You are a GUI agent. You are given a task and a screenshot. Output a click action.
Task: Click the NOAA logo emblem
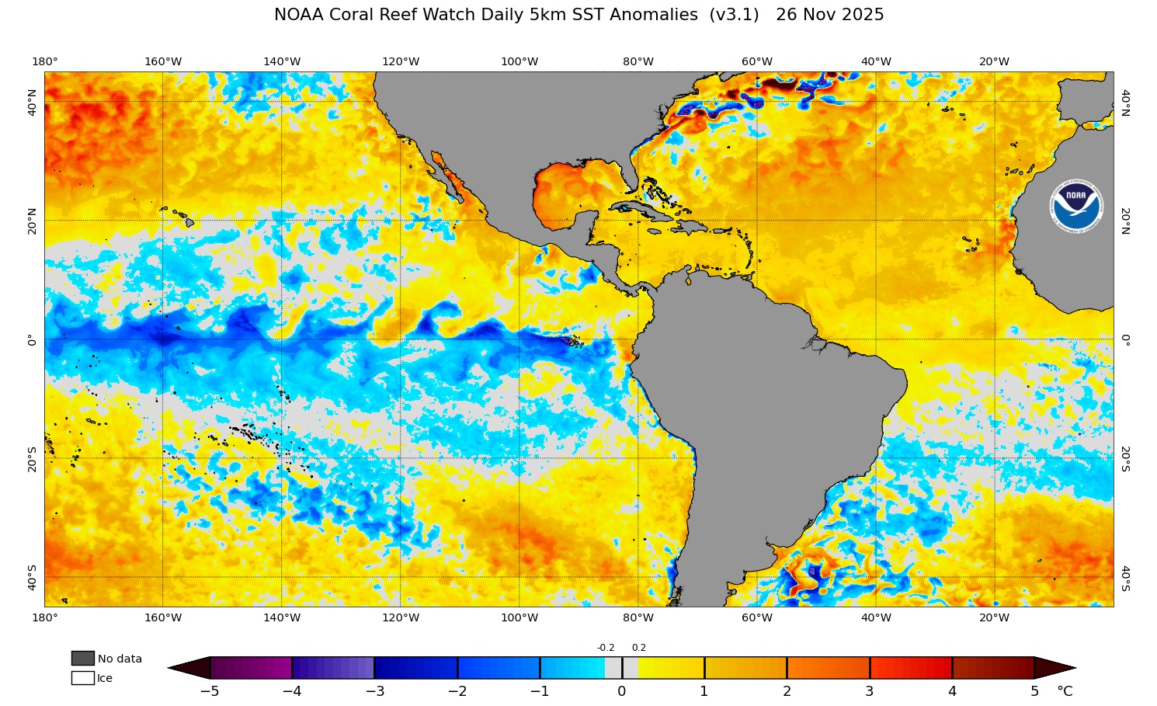pyautogui.click(x=1076, y=207)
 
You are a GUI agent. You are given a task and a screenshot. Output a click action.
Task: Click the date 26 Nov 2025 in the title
pyautogui.click(x=829, y=15)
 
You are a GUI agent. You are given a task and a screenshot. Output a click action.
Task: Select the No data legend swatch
pyautogui.click(x=82, y=659)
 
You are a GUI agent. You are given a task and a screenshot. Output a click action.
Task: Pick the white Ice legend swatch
pyautogui.click(x=82, y=678)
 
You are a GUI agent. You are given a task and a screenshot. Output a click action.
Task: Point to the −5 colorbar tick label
pyautogui.click(x=209, y=691)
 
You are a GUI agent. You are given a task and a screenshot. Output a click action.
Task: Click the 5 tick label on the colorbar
pyautogui.click(x=1034, y=691)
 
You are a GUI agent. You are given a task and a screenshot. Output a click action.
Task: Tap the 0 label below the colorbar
pyautogui.click(x=622, y=691)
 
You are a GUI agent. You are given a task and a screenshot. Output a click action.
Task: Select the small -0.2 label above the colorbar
pyautogui.click(x=606, y=648)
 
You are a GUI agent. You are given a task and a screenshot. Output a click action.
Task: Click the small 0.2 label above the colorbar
pyautogui.click(x=638, y=648)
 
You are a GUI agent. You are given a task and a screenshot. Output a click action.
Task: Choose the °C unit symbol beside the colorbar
pyautogui.click(x=1065, y=691)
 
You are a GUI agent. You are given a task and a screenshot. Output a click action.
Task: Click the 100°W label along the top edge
pyautogui.click(x=519, y=61)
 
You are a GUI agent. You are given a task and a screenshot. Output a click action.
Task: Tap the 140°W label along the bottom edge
pyautogui.click(x=281, y=617)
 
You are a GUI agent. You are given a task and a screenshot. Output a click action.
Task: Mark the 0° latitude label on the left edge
pyautogui.click(x=32, y=339)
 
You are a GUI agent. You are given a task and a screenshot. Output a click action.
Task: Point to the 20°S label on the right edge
pyautogui.click(x=1125, y=458)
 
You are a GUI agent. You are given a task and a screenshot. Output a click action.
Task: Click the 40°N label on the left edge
pyautogui.click(x=32, y=102)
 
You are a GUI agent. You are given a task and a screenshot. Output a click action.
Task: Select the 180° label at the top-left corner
pyautogui.click(x=44, y=61)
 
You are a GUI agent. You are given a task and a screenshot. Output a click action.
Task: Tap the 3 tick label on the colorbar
pyautogui.click(x=869, y=691)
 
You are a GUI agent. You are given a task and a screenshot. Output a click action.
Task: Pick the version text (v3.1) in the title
pyautogui.click(x=734, y=15)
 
